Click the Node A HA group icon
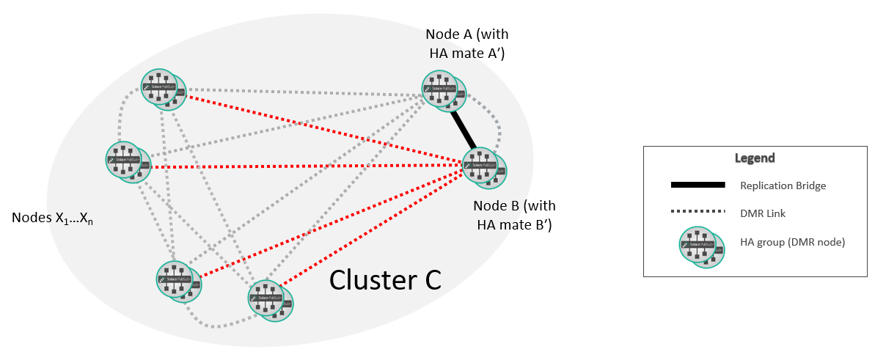tap(443, 91)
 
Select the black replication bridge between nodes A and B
tap(464, 128)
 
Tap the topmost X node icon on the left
tap(163, 90)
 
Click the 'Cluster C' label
tap(385, 279)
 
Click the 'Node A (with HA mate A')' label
tap(466, 44)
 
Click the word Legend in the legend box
tap(755, 158)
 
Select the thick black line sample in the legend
tap(698, 185)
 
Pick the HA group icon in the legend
tap(701, 244)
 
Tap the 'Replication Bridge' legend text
tap(783, 185)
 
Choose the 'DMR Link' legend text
tap(762, 213)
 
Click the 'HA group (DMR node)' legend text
tap(793, 241)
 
